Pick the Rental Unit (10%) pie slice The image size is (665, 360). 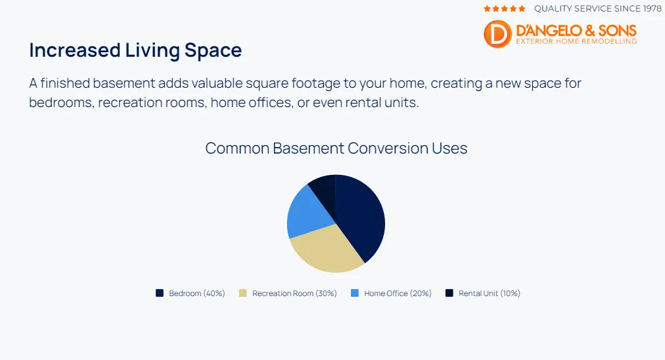click(x=324, y=188)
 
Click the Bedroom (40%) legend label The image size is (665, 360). click(x=197, y=294)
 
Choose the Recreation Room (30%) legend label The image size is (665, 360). click(x=294, y=294)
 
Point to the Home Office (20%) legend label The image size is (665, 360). click(x=397, y=294)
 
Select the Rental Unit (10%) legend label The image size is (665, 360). click(x=489, y=294)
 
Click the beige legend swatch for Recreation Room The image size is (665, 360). click(x=243, y=293)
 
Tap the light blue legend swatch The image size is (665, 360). click(x=355, y=293)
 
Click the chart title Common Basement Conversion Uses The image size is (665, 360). click(x=336, y=148)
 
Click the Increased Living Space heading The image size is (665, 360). click(x=135, y=50)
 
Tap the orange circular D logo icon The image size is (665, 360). click(x=497, y=34)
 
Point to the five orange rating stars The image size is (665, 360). click(x=504, y=9)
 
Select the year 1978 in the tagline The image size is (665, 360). click(x=649, y=9)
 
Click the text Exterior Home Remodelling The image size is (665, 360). click(x=576, y=41)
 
